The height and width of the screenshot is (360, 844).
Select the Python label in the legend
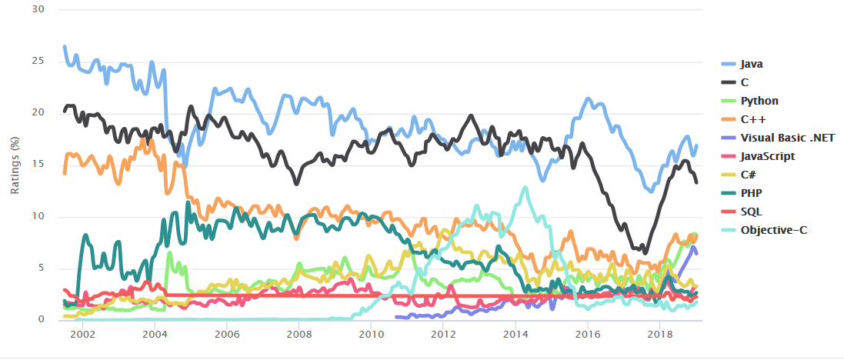(x=759, y=101)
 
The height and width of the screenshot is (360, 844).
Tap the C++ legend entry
(x=753, y=119)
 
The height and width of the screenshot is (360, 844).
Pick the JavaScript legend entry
(x=767, y=156)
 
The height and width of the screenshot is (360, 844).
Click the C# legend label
(x=750, y=175)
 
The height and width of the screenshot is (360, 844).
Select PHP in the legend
(x=752, y=193)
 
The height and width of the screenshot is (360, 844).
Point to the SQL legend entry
(x=752, y=212)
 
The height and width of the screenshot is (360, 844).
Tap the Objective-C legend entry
(x=769, y=230)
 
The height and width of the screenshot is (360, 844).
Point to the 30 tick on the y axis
(x=38, y=10)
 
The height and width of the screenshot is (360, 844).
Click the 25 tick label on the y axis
(x=38, y=62)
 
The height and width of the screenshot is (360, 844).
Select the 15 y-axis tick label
(x=38, y=165)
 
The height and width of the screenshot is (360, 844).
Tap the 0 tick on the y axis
(x=42, y=320)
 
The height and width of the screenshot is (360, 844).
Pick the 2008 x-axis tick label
(x=299, y=335)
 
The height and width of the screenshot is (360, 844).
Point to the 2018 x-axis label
(x=659, y=335)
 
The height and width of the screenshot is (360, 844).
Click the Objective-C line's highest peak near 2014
(x=525, y=188)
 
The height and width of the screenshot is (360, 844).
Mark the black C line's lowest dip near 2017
(x=645, y=252)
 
